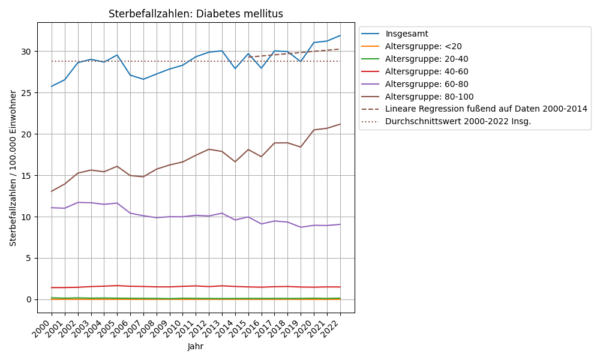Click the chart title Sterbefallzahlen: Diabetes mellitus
point(196,14)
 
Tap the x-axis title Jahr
point(196,347)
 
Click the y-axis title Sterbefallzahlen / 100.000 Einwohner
point(13,168)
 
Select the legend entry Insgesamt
point(415,34)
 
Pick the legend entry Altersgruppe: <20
point(424,46)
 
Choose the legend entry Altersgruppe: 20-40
point(427,59)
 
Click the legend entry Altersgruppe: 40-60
point(427,71)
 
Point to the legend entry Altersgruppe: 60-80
point(427,84)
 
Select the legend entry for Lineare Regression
point(486,109)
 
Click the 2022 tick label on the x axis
point(333,329)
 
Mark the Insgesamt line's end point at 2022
point(340,35)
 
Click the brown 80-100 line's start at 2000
point(52,191)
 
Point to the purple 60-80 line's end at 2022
point(340,224)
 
